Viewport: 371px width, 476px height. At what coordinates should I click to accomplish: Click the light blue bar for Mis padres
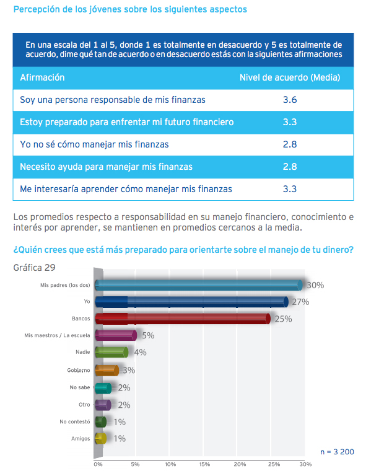click(x=199, y=285)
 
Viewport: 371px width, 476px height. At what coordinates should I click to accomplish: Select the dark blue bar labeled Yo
click(x=192, y=302)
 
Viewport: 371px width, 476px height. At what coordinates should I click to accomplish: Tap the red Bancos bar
click(x=183, y=319)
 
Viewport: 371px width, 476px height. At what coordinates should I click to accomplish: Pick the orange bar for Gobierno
click(x=107, y=371)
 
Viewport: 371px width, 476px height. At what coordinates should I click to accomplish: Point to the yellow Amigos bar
click(x=101, y=439)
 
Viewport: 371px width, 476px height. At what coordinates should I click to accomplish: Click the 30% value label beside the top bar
click(x=315, y=285)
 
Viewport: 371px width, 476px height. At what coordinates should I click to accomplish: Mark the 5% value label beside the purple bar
click(x=148, y=335)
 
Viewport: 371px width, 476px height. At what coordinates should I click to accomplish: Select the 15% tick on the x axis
click(x=205, y=464)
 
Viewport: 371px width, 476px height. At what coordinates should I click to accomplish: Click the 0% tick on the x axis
click(x=98, y=464)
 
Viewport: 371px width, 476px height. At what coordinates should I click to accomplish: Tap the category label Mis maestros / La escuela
click(x=58, y=335)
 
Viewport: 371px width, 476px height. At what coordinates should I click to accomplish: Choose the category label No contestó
click(x=75, y=421)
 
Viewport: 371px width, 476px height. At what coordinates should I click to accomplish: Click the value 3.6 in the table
click(x=290, y=100)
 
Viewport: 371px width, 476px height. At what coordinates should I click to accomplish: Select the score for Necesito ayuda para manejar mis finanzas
click(x=290, y=167)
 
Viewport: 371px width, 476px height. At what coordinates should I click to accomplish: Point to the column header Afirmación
click(x=43, y=77)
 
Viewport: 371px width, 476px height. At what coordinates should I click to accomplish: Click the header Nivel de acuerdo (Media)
click(x=290, y=77)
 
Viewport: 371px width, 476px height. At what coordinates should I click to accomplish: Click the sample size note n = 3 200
click(x=337, y=452)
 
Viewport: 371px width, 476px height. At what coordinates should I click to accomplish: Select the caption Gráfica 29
click(x=34, y=268)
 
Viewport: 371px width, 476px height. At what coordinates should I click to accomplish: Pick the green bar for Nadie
click(x=111, y=352)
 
